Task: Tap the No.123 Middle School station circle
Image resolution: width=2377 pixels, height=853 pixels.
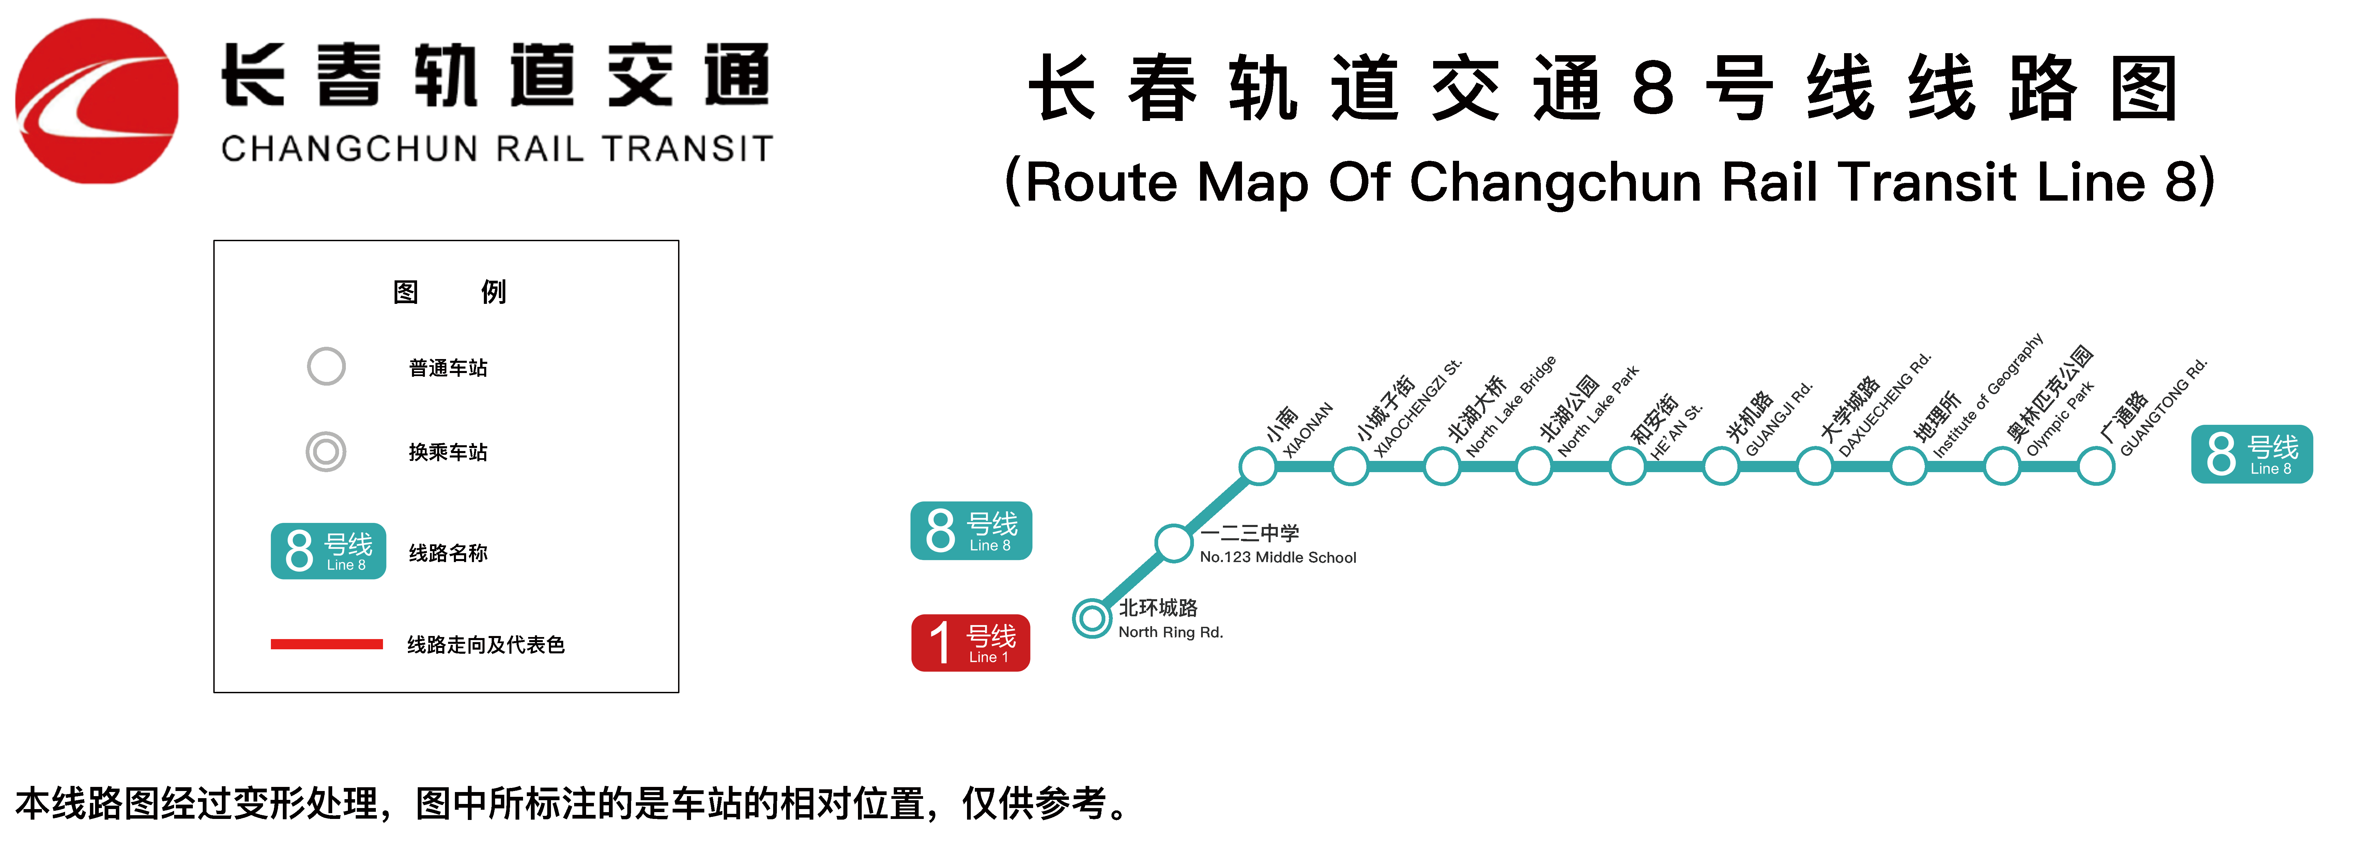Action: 1174,542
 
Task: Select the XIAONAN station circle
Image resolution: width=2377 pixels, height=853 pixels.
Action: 1257,466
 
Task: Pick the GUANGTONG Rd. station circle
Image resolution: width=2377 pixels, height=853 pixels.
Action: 2096,466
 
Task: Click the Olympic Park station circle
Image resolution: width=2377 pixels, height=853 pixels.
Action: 2003,466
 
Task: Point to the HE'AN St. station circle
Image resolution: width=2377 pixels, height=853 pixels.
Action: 1628,466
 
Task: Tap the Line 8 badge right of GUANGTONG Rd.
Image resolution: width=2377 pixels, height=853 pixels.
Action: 2252,454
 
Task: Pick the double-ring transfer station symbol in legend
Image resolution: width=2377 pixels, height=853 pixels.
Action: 326,452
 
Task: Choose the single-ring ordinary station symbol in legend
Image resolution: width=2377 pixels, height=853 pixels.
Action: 326,366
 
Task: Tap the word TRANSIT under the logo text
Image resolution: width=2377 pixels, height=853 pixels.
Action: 688,149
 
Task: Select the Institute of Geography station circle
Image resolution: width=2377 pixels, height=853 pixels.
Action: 1908,466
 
